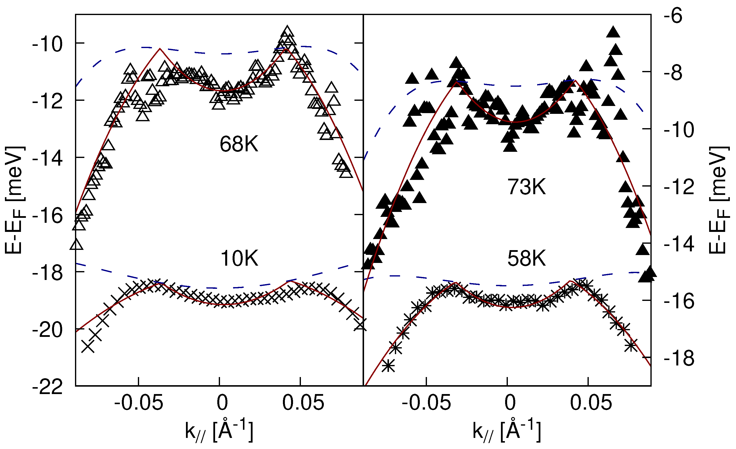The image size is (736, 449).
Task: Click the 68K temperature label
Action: tap(239, 144)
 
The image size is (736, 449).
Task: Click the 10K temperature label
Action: tap(239, 259)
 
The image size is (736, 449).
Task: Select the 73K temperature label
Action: tap(527, 187)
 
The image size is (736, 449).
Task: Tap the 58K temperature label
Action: tap(527, 259)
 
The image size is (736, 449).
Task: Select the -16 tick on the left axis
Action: tap(48, 216)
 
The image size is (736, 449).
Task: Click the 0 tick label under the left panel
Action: tap(222, 403)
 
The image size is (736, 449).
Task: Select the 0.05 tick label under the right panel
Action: tap(591, 403)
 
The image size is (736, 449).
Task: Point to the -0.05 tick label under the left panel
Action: tap(139, 403)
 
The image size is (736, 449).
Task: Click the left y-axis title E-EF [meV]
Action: tap(14, 200)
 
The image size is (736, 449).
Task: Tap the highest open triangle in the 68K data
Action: tap(287, 31)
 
